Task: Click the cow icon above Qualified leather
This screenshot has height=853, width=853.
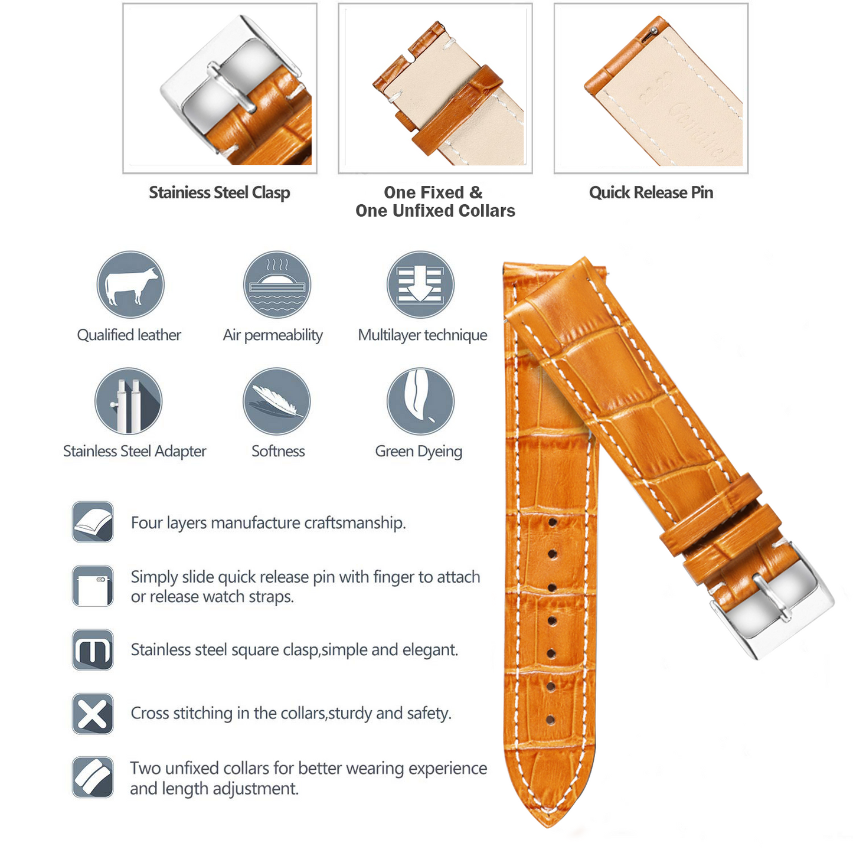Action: click(130, 284)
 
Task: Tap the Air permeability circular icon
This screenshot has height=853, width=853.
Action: click(277, 284)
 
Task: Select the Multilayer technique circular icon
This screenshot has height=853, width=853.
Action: click(420, 284)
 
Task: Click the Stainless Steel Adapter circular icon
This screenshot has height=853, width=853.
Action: click(128, 401)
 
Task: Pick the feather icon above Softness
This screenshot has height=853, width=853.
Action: click(276, 401)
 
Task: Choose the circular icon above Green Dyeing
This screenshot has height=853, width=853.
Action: click(420, 401)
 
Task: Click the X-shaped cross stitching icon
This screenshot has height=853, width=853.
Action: click(93, 714)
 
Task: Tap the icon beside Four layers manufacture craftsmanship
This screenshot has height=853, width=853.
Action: click(93, 521)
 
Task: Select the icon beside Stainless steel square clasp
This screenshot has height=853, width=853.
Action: click(93, 649)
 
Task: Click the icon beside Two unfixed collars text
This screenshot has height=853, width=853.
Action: click(93, 777)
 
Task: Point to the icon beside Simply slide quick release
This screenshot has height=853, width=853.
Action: click(93, 585)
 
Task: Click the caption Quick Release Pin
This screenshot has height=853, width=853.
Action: click(651, 192)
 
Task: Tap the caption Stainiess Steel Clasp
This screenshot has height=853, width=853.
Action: click(220, 192)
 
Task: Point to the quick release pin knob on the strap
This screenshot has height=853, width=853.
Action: click(654, 31)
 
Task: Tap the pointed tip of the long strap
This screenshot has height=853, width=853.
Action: click(549, 826)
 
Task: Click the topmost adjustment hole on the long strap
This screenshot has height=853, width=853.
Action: click(553, 522)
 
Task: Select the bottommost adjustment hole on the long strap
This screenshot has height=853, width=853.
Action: click(550, 720)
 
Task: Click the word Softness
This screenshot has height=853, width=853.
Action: click(278, 451)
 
